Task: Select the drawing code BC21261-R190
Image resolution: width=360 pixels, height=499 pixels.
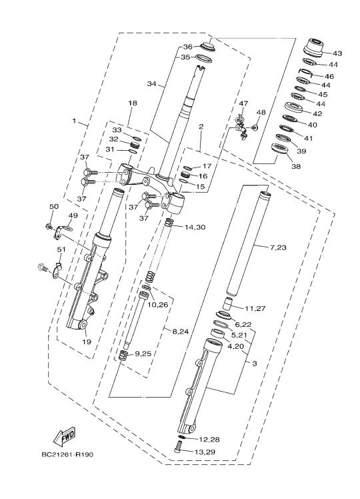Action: pos(67,454)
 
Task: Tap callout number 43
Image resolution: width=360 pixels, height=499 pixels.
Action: pos(337,53)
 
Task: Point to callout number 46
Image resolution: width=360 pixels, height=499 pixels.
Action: pos(329,76)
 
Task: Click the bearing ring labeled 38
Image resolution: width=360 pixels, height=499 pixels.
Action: pos(279,149)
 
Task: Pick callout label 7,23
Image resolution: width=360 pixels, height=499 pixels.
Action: pos(277,247)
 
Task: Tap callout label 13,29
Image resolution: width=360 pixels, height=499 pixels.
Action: pos(206,452)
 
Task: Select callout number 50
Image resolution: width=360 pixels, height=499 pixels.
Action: pos(54,206)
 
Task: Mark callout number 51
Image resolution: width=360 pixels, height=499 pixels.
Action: pos(61,249)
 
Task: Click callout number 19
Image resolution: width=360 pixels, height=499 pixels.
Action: pos(87,342)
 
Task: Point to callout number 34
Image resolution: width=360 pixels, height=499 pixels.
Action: pos(152,83)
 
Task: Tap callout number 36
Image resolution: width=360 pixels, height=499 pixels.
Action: pos(187,47)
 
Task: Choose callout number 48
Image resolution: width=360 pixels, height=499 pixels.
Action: pos(261,112)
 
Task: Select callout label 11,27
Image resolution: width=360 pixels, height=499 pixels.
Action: pos(255,308)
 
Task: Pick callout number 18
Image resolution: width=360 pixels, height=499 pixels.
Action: pos(133,103)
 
